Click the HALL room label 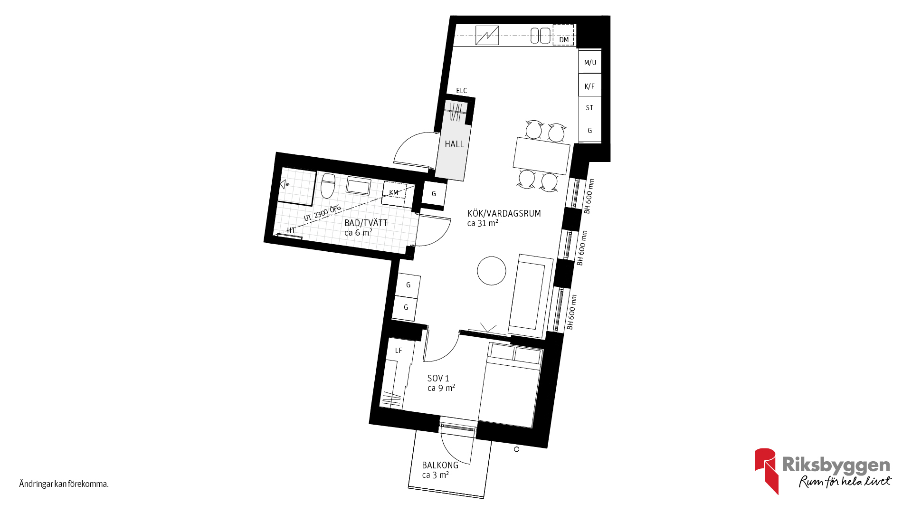454,144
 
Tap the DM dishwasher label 564,40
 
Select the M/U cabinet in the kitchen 590,62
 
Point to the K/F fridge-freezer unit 590,85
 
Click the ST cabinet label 589,108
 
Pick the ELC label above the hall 462,91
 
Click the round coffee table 492,271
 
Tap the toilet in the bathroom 328,186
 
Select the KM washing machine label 394,193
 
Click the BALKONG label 440,465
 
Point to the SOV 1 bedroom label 438,378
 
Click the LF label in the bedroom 399,351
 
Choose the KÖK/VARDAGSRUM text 504,213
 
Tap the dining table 541,155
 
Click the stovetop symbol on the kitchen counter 487,36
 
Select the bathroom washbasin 359,186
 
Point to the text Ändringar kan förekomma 64,484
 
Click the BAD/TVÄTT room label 366,223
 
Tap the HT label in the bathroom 291,230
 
